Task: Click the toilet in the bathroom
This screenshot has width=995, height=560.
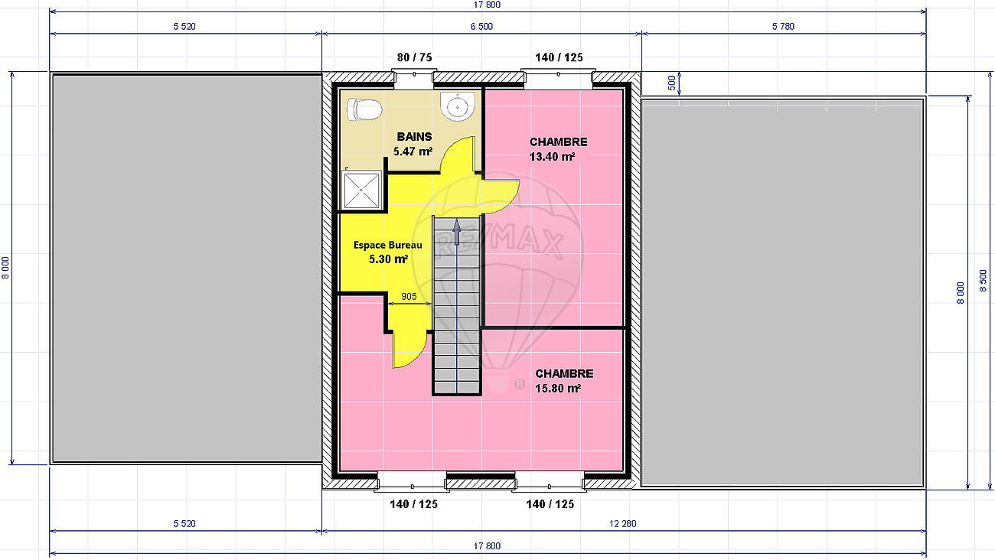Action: coord(364,109)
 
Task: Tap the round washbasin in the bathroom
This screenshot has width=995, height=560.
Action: coord(457,106)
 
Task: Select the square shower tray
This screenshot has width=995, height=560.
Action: coord(361,190)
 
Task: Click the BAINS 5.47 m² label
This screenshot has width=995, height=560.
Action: coord(413,144)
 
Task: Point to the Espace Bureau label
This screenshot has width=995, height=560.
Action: coord(388,245)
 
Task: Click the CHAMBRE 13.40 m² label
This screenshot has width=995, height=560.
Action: coord(558,149)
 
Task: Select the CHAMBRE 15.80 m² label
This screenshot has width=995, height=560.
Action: coord(563,381)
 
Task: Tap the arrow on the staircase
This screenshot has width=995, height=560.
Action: coord(457,232)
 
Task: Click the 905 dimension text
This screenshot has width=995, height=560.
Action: coord(409,296)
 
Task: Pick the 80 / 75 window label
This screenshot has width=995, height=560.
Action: coord(414,57)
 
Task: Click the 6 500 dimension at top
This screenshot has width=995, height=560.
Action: coord(481,26)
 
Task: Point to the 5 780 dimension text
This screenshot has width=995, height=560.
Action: coord(783,26)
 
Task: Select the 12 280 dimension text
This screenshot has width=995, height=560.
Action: coord(623,523)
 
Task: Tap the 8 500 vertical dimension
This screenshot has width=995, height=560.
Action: coord(983,281)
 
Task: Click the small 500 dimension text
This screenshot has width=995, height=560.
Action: coord(672,83)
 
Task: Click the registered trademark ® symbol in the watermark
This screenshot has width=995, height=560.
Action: coord(519,384)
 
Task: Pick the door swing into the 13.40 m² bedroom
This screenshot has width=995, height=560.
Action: coord(501,196)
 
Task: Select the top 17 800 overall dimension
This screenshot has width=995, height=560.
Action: coord(487,5)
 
